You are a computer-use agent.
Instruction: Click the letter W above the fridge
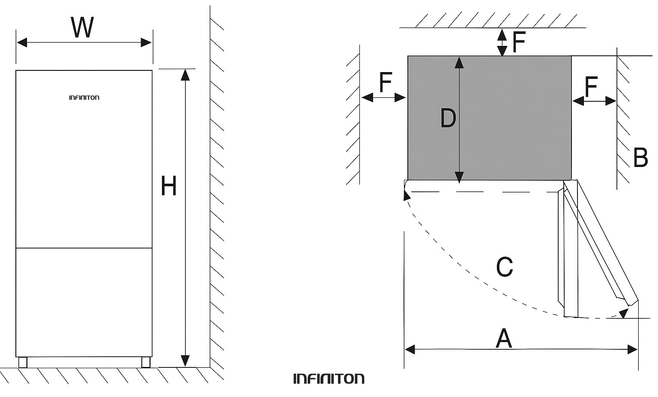82,27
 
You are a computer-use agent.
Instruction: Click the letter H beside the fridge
168,186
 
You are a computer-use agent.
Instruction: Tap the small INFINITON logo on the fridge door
84,98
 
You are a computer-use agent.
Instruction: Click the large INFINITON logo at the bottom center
329,379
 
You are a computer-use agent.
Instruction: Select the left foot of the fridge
23,362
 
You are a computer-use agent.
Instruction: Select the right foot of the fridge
146,362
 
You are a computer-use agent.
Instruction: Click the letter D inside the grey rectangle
448,118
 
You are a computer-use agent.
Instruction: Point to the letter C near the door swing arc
504,267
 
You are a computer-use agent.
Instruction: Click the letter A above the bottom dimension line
504,338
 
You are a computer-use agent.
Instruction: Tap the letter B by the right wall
640,158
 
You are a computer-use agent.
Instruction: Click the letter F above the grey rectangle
518,42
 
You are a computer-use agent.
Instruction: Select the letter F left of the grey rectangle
386,82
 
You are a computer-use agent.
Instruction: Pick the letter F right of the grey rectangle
591,87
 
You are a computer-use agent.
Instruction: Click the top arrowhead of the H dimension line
185,75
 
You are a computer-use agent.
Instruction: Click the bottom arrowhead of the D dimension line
459,177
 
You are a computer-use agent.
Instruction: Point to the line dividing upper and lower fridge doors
84,248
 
